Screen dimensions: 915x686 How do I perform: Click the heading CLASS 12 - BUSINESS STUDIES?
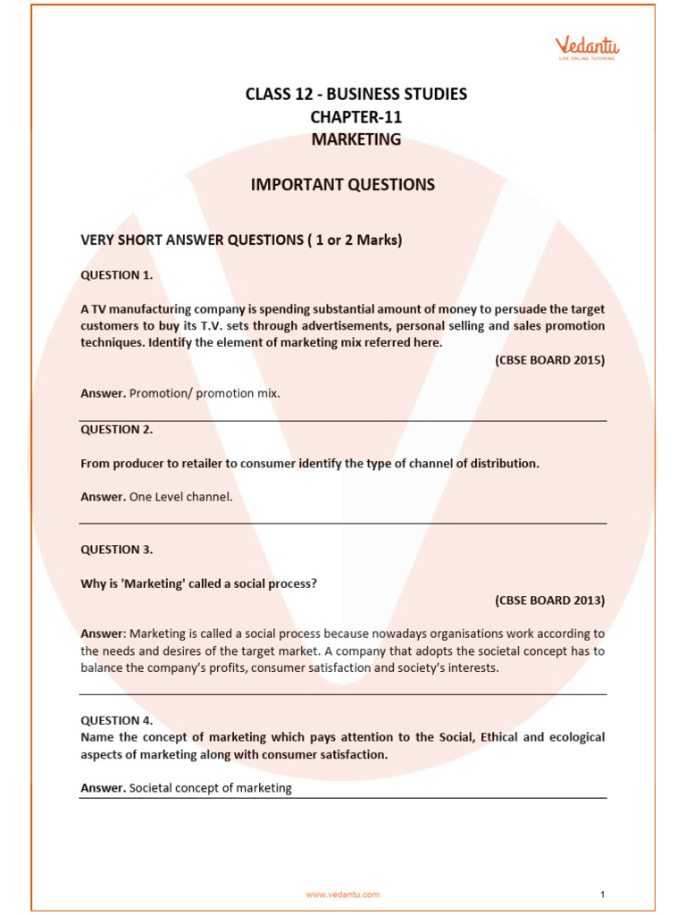tap(356, 94)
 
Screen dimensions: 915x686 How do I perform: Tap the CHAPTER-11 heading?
tap(356, 117)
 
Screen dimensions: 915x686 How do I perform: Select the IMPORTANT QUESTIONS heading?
tap(343, 185)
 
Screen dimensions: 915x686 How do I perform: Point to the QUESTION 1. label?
tap(117, 275)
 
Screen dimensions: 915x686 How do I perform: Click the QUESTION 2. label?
tap(117, 429)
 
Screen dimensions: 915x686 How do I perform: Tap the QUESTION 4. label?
tap(117, 720)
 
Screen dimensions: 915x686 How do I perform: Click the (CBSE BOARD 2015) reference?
tap(549, 360)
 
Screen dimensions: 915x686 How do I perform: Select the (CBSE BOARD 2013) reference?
tap(549, 600)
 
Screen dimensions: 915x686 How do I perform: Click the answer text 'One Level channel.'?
tap(180, 497)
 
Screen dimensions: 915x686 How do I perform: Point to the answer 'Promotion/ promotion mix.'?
tap(205, 392)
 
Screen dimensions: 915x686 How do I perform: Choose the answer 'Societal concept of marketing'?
tap(211, 788)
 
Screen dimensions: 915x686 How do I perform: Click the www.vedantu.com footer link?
tap(343, 894)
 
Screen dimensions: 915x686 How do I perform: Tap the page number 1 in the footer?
tap(603, 894)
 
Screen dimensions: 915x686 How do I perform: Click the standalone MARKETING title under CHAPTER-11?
tap(356, 139)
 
